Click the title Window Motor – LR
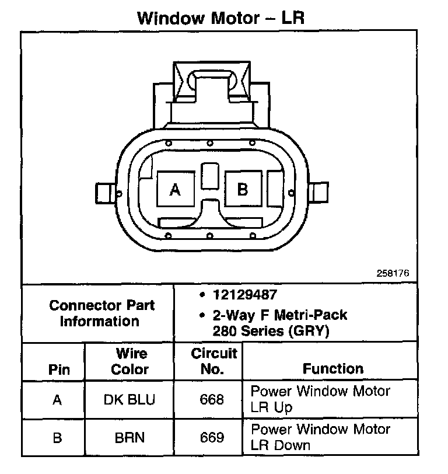pyautogui.click(x=221, y=18)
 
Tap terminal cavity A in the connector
pyautogui.click(x=174, y=190)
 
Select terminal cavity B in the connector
pyautogui.click(x=243, y=189)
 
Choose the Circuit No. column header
pyautogui.click(x=213, y=361)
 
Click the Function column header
pyautogui.click(x=332, y=368)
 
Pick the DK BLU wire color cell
pyautogui.click(x=129, y=399)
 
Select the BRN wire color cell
pyautogui.click(x=129, y=437)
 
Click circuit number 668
pyautogui.click(x=212, y=399)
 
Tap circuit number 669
pyautogui.click(x=212, y=437)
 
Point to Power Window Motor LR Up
pyautogui.click(x=320, y=399)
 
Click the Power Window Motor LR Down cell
pyautogui.click(x=320, y=437)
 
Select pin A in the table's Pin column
pyautogui.click(x=57, y=400)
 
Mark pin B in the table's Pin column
pyautogui.click(x=57, y=438)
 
